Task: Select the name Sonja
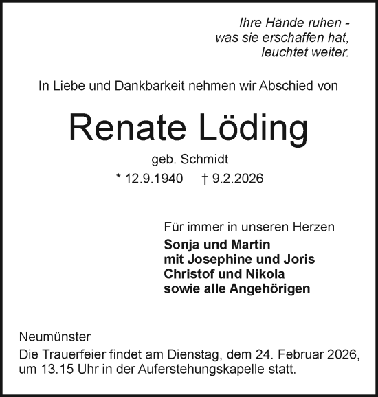point(181,245)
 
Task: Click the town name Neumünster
point(54,338)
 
